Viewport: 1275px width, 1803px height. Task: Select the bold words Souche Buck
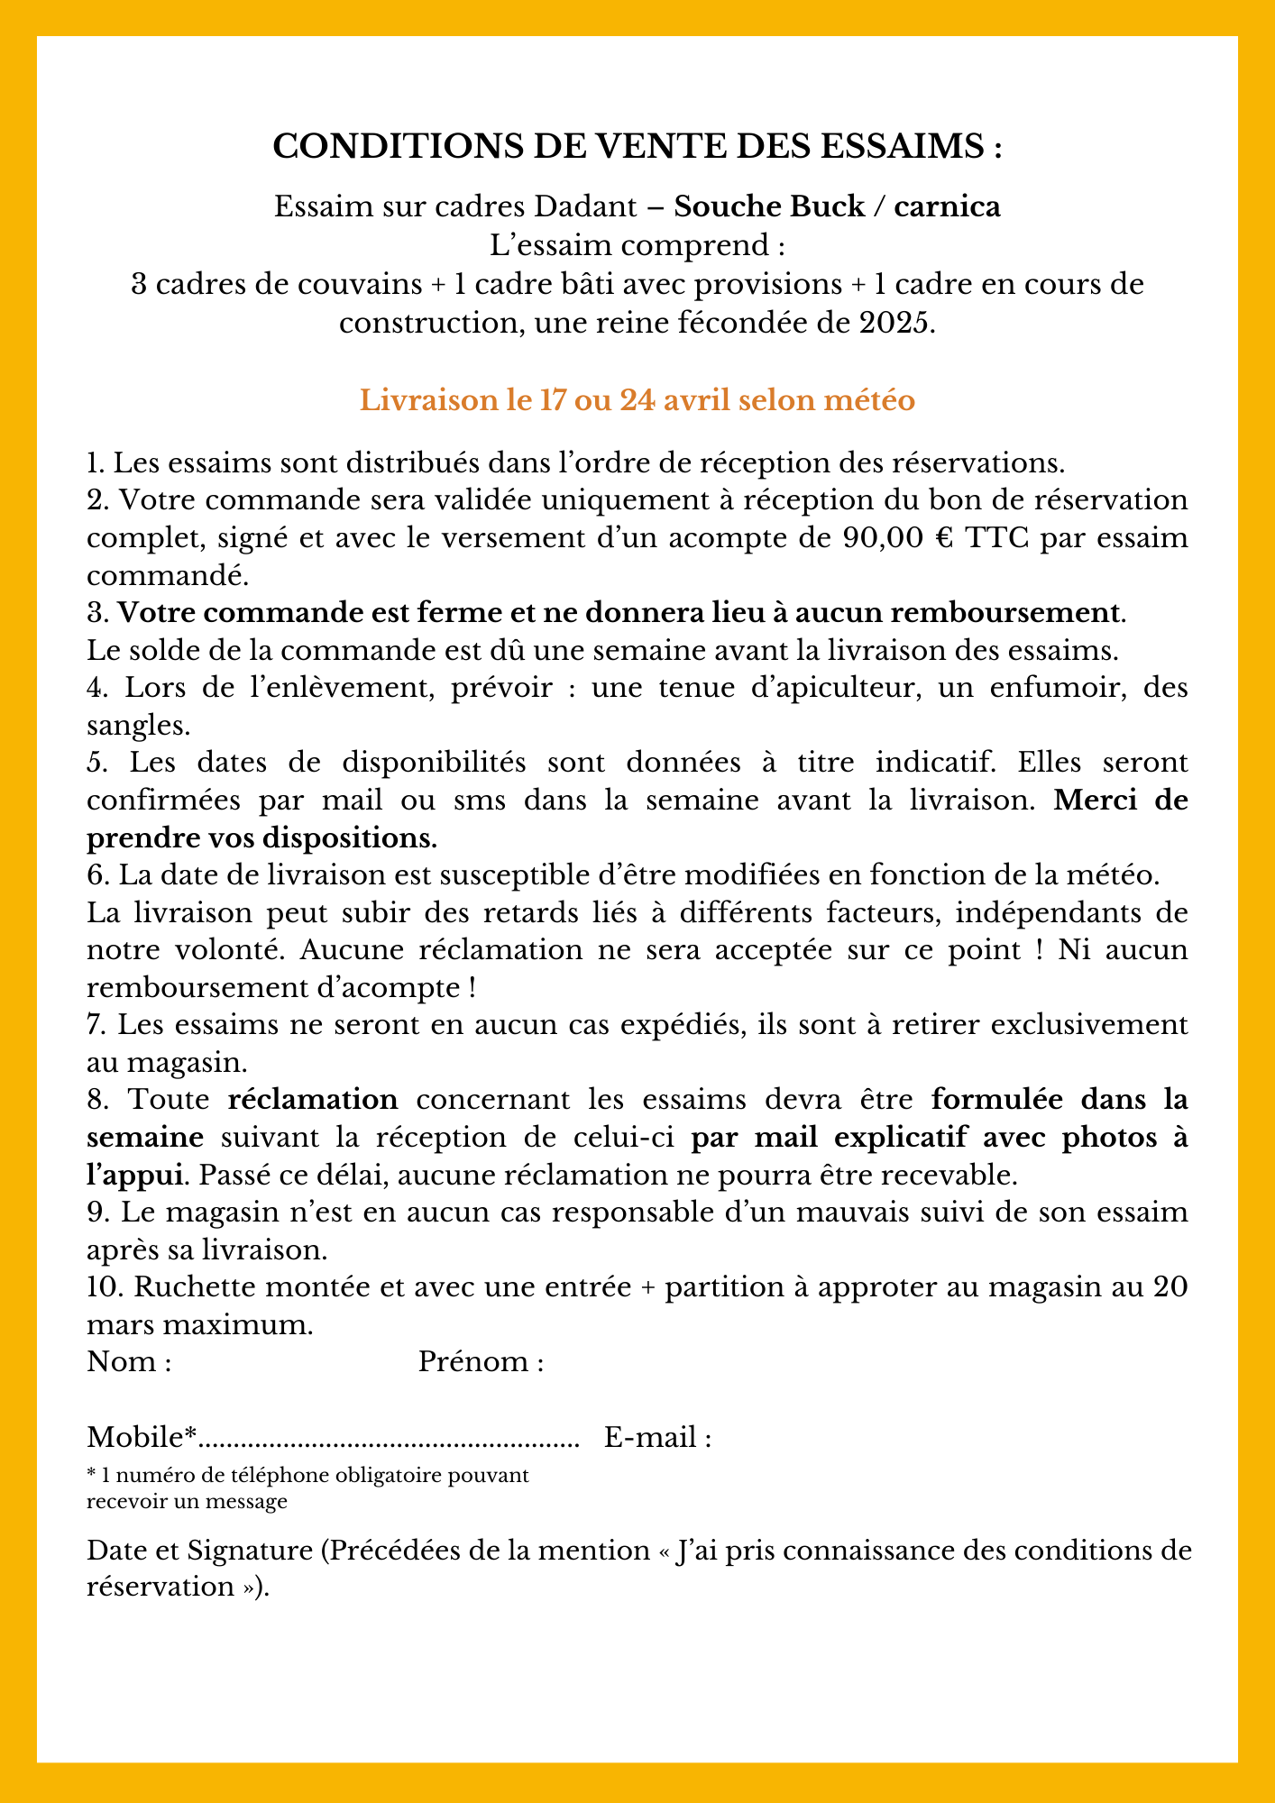pos(769,206)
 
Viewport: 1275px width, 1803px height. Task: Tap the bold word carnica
pos(947,206)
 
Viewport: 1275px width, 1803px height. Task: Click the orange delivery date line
pos(637,400)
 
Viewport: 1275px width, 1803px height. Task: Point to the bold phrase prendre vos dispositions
pos(261,837)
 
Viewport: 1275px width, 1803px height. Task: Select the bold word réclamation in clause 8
pos(312,1100)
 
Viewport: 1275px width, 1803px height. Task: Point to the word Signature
pos(248,1551)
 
